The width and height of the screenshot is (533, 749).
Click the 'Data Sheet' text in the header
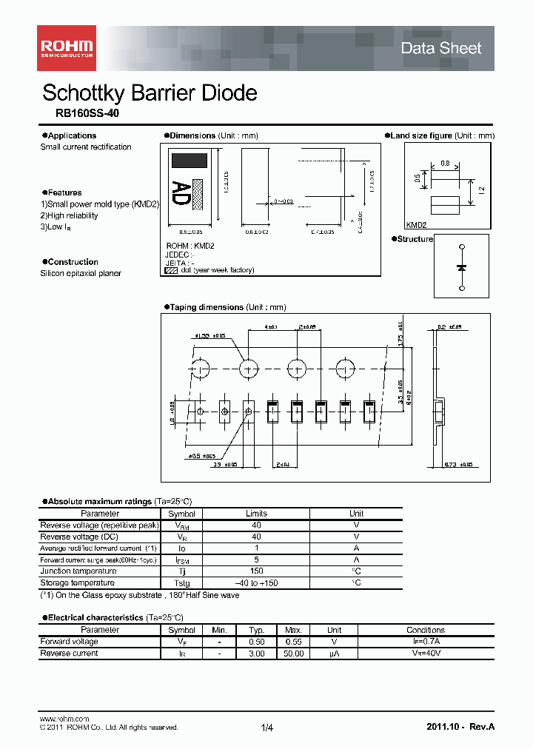(440, 49)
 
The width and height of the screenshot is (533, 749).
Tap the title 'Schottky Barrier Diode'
(150, 93)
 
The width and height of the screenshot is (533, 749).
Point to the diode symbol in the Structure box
(462, 266)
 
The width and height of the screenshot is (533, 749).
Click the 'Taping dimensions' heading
(206, 307)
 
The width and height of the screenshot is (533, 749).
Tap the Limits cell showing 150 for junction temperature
(256, 571)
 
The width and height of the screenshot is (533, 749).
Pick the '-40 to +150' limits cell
(256, 583)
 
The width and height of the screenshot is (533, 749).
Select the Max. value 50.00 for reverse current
(294, 654)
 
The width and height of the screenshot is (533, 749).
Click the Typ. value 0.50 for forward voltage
(256, 642)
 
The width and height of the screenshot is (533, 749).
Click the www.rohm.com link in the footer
(64, 719)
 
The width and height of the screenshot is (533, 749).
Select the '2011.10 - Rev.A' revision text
(460, 727)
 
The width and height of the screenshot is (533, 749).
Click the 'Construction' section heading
(73, 262)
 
